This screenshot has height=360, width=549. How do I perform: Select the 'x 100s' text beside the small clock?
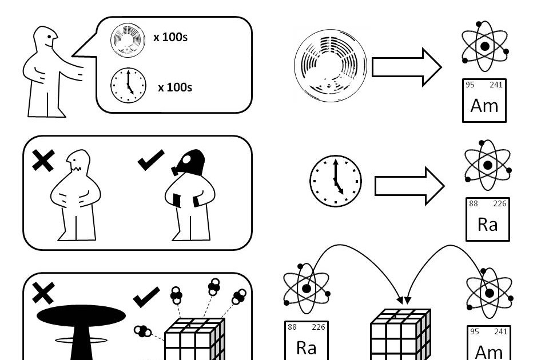175,87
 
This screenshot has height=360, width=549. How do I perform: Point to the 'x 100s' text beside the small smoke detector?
170,38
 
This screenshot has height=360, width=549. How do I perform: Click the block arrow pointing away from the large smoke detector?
406,67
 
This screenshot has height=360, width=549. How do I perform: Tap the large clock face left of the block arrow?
336,181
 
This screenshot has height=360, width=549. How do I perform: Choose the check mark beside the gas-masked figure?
151,160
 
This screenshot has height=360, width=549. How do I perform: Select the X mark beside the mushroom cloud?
43,293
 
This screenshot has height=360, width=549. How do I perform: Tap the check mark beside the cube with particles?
146,297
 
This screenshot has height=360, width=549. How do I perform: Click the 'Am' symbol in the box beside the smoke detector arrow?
484,105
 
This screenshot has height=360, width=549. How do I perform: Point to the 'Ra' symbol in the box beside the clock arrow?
487,224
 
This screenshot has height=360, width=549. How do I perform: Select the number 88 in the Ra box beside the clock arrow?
473,204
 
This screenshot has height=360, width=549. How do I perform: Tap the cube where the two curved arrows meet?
400,335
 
